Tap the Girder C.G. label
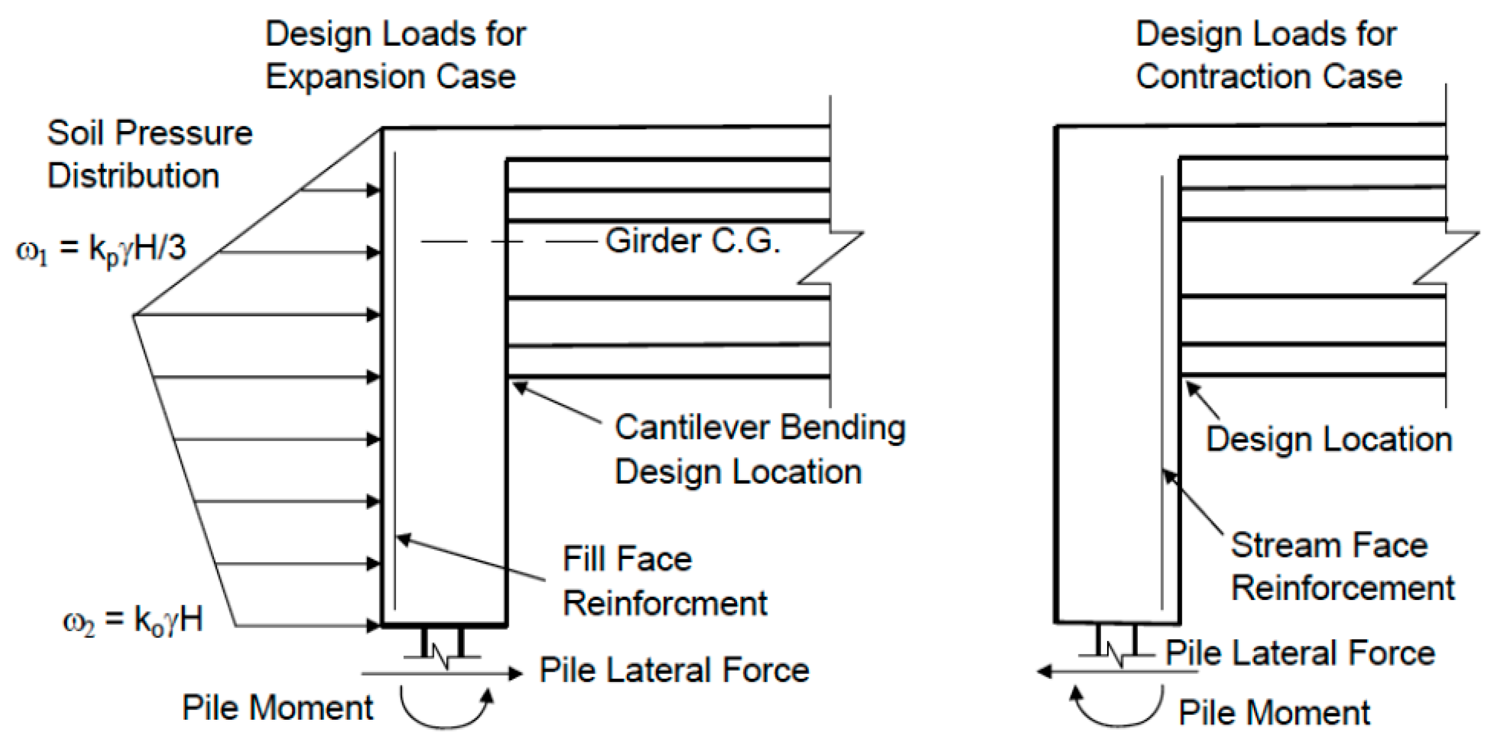pyautogui.click(x=692, y=241)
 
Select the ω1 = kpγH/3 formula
pyautogui.click(x=101, y=249)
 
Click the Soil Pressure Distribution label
pyautogui.click(x=149, y=154)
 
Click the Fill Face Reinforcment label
pyautogui.click(x=664, y=580)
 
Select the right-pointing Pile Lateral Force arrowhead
pyautogui.click(x=515, y=674)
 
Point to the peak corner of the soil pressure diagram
pyautogui.click(x=135, y=315)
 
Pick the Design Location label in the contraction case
pyautogui.click(x=1329, y=439)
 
